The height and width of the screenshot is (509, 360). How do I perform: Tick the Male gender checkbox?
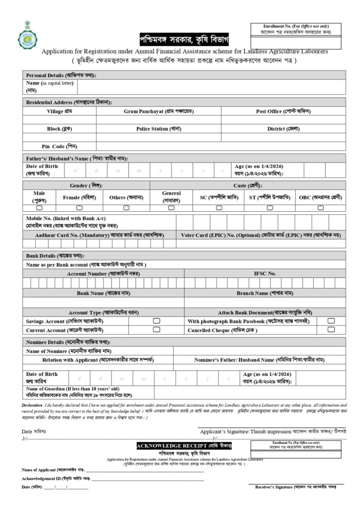click(x=39, y=208)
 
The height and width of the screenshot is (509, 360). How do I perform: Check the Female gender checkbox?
click(x=79, y=208)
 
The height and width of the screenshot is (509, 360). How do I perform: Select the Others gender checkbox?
click(x=126, y=208)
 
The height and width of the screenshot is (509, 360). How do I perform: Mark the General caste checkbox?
click(x=172, y=208)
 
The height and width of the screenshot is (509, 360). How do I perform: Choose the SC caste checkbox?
click(x=219, y=208)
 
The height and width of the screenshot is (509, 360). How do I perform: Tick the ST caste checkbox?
click(x=270, y=208)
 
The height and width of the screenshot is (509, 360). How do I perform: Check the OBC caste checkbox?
click(x=321, y=208)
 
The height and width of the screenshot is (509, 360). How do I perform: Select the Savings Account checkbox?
click(x=156, y=321)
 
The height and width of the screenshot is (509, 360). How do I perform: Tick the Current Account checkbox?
click(x=156, y=330)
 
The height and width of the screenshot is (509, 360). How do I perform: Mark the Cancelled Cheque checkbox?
click(x=331, y=330)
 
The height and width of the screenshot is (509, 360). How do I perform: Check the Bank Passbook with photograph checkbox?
click(x=331, y=321)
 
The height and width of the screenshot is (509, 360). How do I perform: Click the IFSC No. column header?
click(x=265, y=273)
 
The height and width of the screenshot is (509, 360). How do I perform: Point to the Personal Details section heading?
click(x=61, y=75)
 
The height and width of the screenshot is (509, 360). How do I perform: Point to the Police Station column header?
click(x=159, y=129)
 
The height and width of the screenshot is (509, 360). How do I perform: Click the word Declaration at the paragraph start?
click(x=32, y=406)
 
